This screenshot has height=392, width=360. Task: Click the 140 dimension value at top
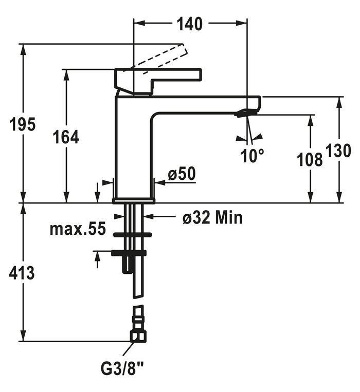[190, 24]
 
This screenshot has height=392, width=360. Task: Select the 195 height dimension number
[23, 124]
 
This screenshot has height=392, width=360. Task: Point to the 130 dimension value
[340, 151]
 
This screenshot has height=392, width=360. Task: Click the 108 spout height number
[310, 160]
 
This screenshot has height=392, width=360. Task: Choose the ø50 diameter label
[182, 174]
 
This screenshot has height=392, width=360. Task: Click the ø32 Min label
[212, 218]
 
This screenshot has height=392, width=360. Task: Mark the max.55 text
[77, 229]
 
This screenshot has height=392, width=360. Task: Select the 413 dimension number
[22, 273]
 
